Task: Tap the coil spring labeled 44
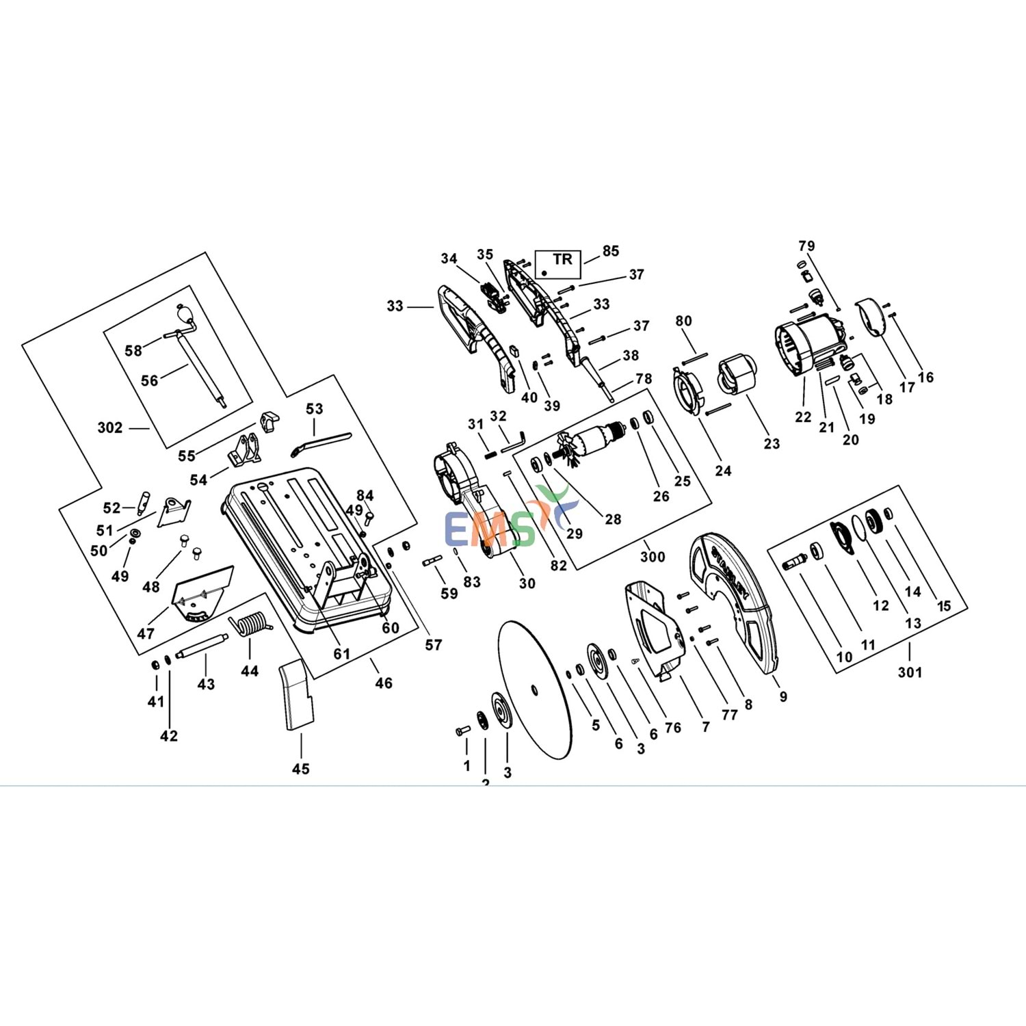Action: [x=252, y=624]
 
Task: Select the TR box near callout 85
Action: [x=558, y=263]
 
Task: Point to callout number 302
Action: [x=110, y=428]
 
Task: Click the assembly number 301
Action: [x=910, y=672]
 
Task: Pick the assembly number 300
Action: [x=653, y=557]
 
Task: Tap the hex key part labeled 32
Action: [x=512, y=441]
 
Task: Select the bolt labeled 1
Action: [x=462, y=731]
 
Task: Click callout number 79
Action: [x=806, y=246]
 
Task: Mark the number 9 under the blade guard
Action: [x=783, y=696]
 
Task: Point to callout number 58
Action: [x=133, y=351]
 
